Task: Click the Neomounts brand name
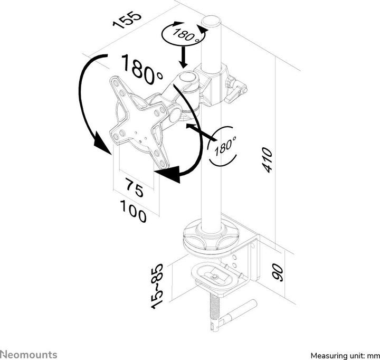point(28,353)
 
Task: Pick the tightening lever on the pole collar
point(237,90)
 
